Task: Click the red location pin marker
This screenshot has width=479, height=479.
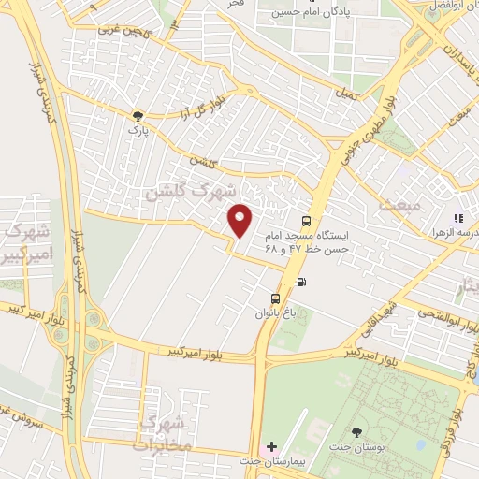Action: point(240,220)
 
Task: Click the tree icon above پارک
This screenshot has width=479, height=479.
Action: point(139,115)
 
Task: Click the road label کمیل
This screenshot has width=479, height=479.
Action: point(343,94)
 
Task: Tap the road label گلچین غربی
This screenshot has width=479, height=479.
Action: point(121,30)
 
